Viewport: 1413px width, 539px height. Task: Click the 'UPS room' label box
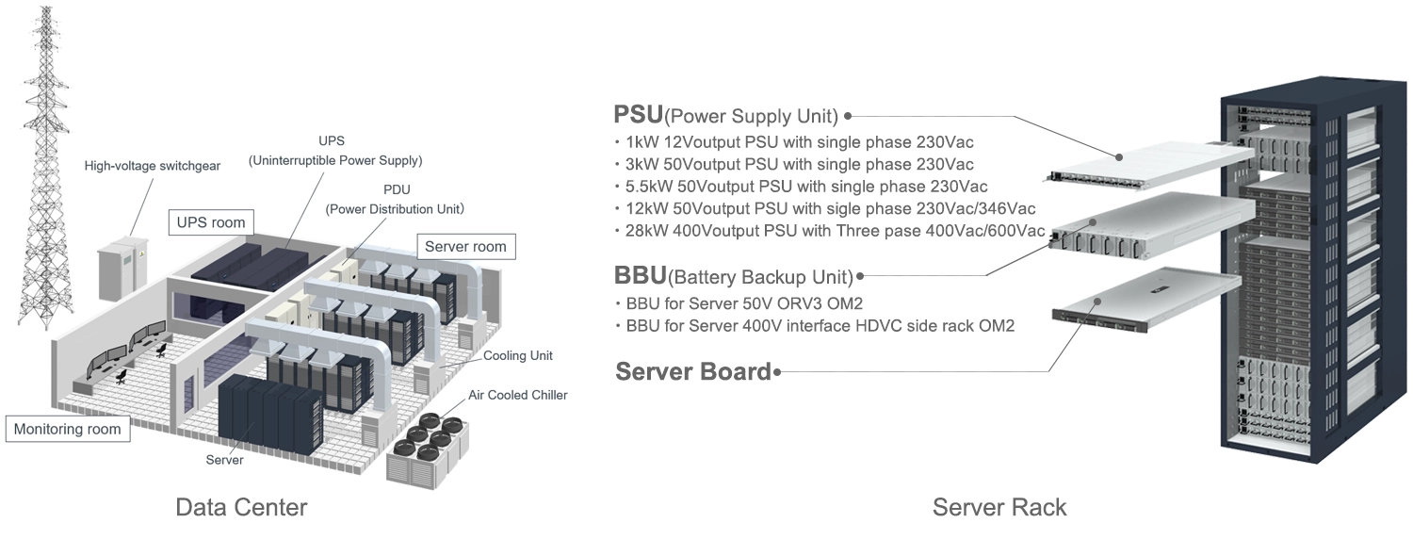(x=210, y=223)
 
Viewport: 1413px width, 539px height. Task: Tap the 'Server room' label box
(x=465, y=247)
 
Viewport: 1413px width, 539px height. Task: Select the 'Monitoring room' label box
(x=67, y=429)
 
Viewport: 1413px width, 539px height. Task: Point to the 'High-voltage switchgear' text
(x=152, y=166)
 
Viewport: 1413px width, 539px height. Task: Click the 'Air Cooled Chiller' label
(x=518, y=395)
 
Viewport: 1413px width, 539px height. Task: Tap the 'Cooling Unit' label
(x=517, y=356)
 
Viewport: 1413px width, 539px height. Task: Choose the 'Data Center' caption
(x=241, y=508)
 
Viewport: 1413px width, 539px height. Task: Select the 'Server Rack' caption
(x=999, y=508)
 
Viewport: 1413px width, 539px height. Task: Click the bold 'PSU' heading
(x=638, y=115)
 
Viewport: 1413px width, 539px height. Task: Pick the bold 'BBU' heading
(x=640, y=276)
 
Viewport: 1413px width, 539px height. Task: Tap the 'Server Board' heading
(x=693, y=371)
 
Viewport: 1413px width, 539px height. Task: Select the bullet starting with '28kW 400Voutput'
(x=835, y=231)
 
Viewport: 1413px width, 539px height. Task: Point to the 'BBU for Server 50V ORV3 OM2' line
(x=744, y=303)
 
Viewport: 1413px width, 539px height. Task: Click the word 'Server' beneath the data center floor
(x=225, y=460)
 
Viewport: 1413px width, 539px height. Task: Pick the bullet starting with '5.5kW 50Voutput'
(x=806, y=187)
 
